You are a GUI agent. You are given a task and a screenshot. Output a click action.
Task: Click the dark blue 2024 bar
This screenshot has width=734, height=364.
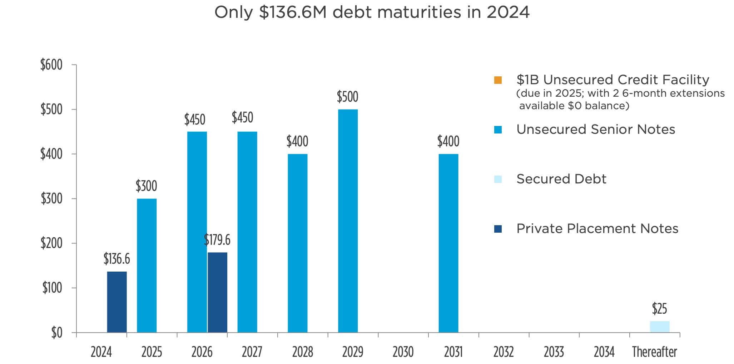point(117,302)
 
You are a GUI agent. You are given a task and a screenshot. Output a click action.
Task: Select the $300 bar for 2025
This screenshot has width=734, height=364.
point(147,266)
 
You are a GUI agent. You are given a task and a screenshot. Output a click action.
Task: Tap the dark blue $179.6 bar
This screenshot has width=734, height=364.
point(217,292)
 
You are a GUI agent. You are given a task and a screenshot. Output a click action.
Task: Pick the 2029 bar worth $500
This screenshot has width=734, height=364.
point(348,221)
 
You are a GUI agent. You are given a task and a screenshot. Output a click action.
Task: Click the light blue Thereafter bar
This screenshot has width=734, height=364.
point(659,327)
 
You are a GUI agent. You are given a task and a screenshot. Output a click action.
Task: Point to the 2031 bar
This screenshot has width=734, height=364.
point(448,243)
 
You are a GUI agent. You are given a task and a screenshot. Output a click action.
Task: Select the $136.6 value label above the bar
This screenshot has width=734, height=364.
point(117,259)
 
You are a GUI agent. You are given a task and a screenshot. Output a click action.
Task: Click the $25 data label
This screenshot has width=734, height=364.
point(659,309)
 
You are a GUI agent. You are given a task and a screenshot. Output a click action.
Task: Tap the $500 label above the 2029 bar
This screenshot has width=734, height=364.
point(347,97)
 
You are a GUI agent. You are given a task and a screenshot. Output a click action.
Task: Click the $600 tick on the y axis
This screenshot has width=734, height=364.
point(51,65)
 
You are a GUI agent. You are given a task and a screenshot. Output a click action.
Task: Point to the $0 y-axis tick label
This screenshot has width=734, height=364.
point(56,333)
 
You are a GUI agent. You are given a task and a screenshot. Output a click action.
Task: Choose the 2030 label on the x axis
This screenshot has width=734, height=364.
point(403,352)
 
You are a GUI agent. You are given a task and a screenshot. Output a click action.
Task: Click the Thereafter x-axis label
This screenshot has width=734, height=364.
point(654,352)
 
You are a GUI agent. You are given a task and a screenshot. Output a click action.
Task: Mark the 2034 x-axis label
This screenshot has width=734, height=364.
point(604,352)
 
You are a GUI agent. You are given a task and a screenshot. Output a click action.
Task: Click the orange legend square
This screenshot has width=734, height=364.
point(498,80)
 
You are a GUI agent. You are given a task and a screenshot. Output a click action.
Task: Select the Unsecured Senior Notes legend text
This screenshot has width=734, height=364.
point(596,129)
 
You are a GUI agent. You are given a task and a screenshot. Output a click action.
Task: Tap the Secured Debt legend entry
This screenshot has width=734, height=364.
point(561,179)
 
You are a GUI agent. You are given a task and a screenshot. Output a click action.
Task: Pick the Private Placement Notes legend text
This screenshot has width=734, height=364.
point(597,228)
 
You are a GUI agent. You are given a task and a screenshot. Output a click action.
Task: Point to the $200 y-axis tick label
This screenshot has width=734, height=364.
point(51,243)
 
